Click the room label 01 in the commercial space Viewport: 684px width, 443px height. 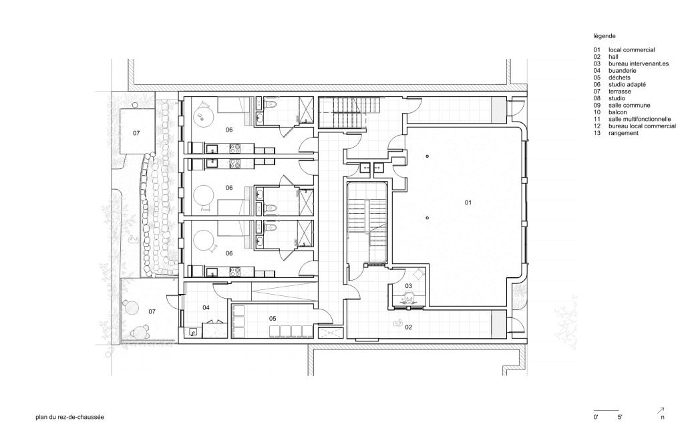468,202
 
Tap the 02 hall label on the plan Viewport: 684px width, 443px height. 408,327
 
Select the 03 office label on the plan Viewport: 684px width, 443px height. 408,286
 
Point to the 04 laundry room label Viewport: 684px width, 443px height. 206,308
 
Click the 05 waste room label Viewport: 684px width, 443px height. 273,319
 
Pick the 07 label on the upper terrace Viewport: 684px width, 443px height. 136,133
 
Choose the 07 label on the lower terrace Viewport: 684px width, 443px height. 152,311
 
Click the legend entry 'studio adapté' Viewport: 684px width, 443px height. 627,85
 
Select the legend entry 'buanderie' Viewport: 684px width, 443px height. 623,71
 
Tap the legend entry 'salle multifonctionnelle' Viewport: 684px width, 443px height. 639,119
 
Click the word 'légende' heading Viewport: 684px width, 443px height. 604,36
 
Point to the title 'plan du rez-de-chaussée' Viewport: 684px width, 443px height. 69,417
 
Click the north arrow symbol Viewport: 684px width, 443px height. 661,410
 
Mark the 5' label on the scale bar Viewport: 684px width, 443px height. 620,417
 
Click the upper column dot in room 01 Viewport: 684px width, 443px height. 427,156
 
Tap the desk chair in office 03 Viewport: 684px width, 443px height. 409,298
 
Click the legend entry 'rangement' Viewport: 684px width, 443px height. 623,133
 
